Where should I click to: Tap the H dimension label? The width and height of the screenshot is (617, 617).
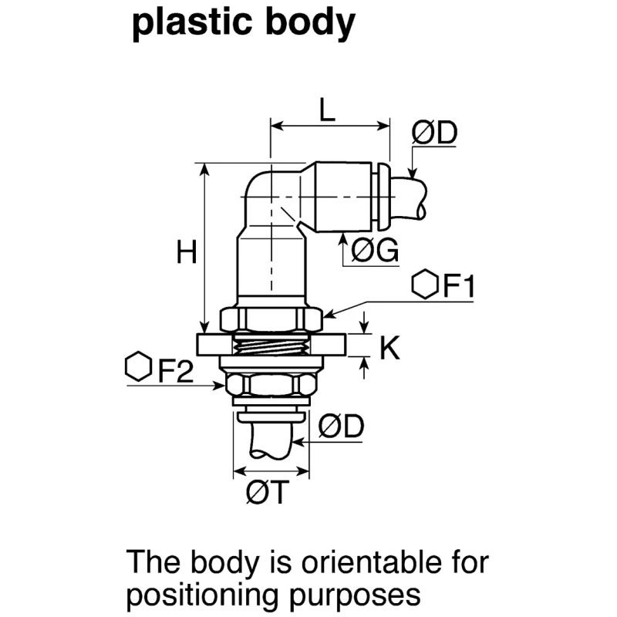tap(186, 252)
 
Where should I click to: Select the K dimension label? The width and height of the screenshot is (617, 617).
tap(389, 348)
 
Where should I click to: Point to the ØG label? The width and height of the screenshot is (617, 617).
tap(375, 249)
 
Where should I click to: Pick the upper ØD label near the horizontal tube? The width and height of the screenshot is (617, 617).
tap(434, 132)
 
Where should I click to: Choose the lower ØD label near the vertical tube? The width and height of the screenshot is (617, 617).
tap(341, 427)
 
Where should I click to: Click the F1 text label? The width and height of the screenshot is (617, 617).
tap(459, 285)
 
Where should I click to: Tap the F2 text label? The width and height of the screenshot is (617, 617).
tap(176, 371)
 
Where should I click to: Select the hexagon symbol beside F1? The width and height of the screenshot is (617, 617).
tap(425, 284)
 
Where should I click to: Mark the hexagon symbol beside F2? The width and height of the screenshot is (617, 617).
tap(139, 366)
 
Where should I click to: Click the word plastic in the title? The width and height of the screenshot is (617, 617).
tap(191, 23)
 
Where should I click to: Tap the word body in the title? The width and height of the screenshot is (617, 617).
tap(311, 23)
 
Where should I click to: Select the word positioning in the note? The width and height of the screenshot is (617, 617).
tap(203, 595)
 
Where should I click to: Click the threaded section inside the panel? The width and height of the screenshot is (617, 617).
tap(271, 346)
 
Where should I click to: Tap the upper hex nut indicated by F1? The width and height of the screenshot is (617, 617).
tap(271, 319)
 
